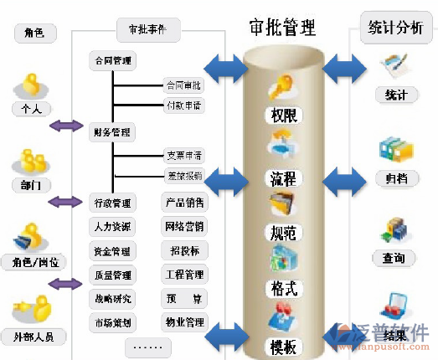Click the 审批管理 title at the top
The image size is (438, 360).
[282, 26]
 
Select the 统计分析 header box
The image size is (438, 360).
[395, 28]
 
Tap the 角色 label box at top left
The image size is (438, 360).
[34, 33]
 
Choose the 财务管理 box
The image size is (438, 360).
[112, 131]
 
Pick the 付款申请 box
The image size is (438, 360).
[183, 105]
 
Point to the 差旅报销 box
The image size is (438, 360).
[183, 176]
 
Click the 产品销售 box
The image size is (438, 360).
[183, 203]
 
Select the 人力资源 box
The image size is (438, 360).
[112, 226]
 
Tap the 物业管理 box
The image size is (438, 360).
[183, 321]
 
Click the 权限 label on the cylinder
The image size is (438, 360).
[282, 115]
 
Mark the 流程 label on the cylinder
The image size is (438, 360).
[282, 178]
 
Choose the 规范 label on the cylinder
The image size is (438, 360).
[282, 233]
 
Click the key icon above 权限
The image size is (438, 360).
[279, 88]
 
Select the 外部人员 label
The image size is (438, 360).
[34, 338]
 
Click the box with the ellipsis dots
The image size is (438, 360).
[147, 345]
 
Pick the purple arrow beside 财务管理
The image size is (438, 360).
[64, 126]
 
